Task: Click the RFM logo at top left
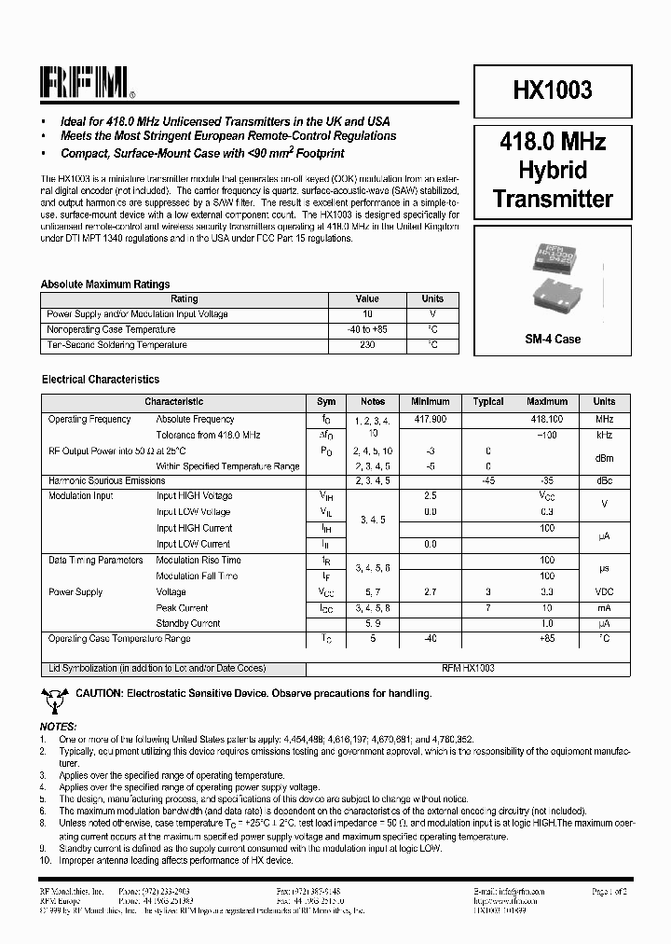(x=87, y=84)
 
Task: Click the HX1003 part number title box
(x=553, y=90)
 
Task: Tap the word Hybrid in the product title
(x=553, y=170)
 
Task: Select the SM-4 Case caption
(x=553, y=339)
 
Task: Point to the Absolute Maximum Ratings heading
(x=105, y=285)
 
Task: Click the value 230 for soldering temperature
(x=367, y=345)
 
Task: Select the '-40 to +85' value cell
(x=367, y=329)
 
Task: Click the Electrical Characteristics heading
(x=101, y=380)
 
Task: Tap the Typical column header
(x=488, y=402)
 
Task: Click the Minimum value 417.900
(x=430, y=420)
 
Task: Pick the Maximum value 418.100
(x=547, y=420)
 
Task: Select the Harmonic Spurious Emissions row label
(x=106, y=480)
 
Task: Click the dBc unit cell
(x=604, y=480)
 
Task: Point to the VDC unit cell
(x=604, y=592)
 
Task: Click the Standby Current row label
(x=188, y=623)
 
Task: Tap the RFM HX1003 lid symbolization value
(x=468, y=669)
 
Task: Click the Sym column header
(x=326, y=402)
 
